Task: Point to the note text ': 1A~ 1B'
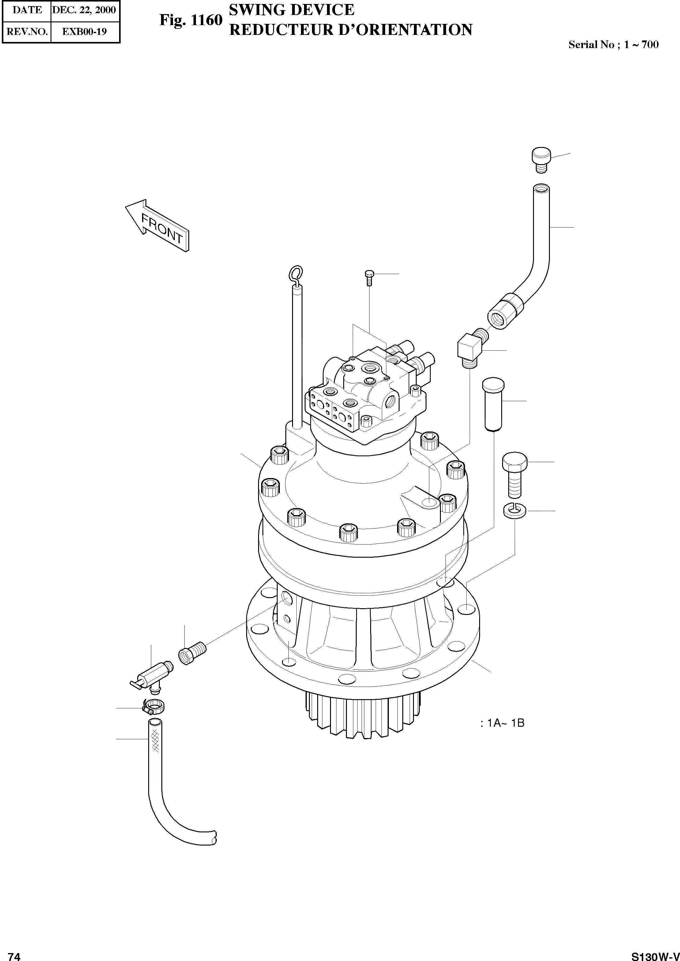(502, 723)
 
